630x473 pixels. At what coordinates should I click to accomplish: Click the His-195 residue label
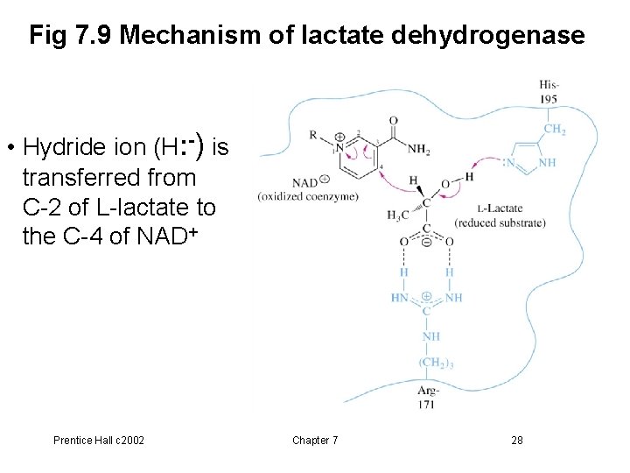[x=549, y=91]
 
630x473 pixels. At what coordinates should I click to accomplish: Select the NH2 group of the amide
[x=417, y=151]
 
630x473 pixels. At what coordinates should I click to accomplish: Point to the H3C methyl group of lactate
[x=397, y=215]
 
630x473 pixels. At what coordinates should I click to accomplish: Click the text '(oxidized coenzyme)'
[x=308, y=196]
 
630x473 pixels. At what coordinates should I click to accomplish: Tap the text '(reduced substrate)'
[x=500, y=223]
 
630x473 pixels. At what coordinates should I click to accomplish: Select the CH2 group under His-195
[x=554, y=129]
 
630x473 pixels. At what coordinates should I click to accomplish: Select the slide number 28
[x=517, y=440]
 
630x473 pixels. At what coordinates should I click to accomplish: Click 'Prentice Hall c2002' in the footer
[x=99, y=440]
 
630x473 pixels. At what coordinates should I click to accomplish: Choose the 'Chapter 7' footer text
[x=315, y=440]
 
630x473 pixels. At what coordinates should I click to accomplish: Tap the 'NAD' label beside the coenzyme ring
[x=304, y=182]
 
